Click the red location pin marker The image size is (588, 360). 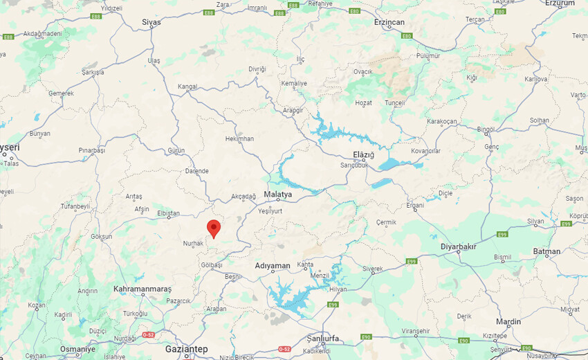[214, 228]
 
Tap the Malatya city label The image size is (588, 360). [278, 195]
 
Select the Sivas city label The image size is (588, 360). [151, 22]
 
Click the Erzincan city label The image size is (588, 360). [389, 23]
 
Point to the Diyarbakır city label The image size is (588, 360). [459, 246]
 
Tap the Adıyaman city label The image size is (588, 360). [273, 265]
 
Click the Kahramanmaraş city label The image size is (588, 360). [143, 287]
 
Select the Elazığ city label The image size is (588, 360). [363, 154]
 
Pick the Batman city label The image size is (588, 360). [547, 251]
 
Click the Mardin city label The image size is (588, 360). [508, 321]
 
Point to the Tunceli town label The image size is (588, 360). [394, 102]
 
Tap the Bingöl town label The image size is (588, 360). [486, 129]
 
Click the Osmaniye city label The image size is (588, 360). [77, 349]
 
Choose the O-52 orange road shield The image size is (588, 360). [149, 334]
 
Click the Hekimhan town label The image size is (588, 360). [239, 138]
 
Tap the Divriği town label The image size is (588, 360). [257, 69]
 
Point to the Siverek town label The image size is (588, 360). [372, 269]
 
